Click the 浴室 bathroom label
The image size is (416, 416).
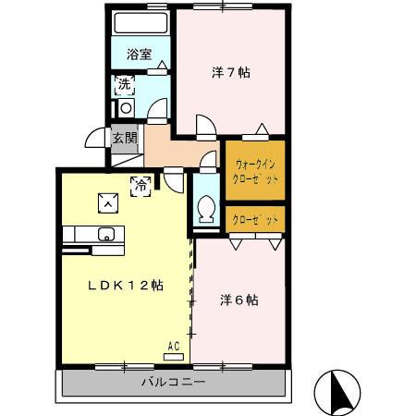point(140,54)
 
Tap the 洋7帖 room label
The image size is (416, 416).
point(231,72)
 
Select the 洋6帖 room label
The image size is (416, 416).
point(239,300)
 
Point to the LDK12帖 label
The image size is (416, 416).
point(126,286)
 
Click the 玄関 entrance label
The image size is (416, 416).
point(125,139)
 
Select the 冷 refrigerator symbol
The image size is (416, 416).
point(141,185)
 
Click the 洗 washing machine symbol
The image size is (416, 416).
point(125,87)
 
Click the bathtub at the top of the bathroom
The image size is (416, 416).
point(141,23)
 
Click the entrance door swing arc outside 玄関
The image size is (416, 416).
point(95,139)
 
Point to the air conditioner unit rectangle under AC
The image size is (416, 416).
point(173,356)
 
